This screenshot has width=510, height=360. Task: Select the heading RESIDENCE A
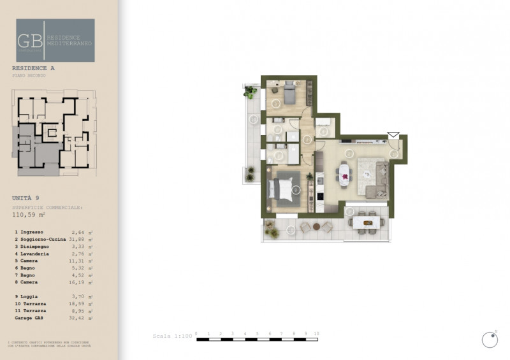(34, 68)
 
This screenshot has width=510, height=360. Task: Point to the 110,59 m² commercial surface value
(29, 215)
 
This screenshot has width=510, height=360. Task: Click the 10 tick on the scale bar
(316, 334)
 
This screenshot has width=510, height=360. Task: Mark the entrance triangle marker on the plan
(393, 135)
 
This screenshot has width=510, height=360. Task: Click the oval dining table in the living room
(345, 174)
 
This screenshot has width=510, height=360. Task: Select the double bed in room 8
(282, 189)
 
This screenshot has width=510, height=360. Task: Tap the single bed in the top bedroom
(289, 94)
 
